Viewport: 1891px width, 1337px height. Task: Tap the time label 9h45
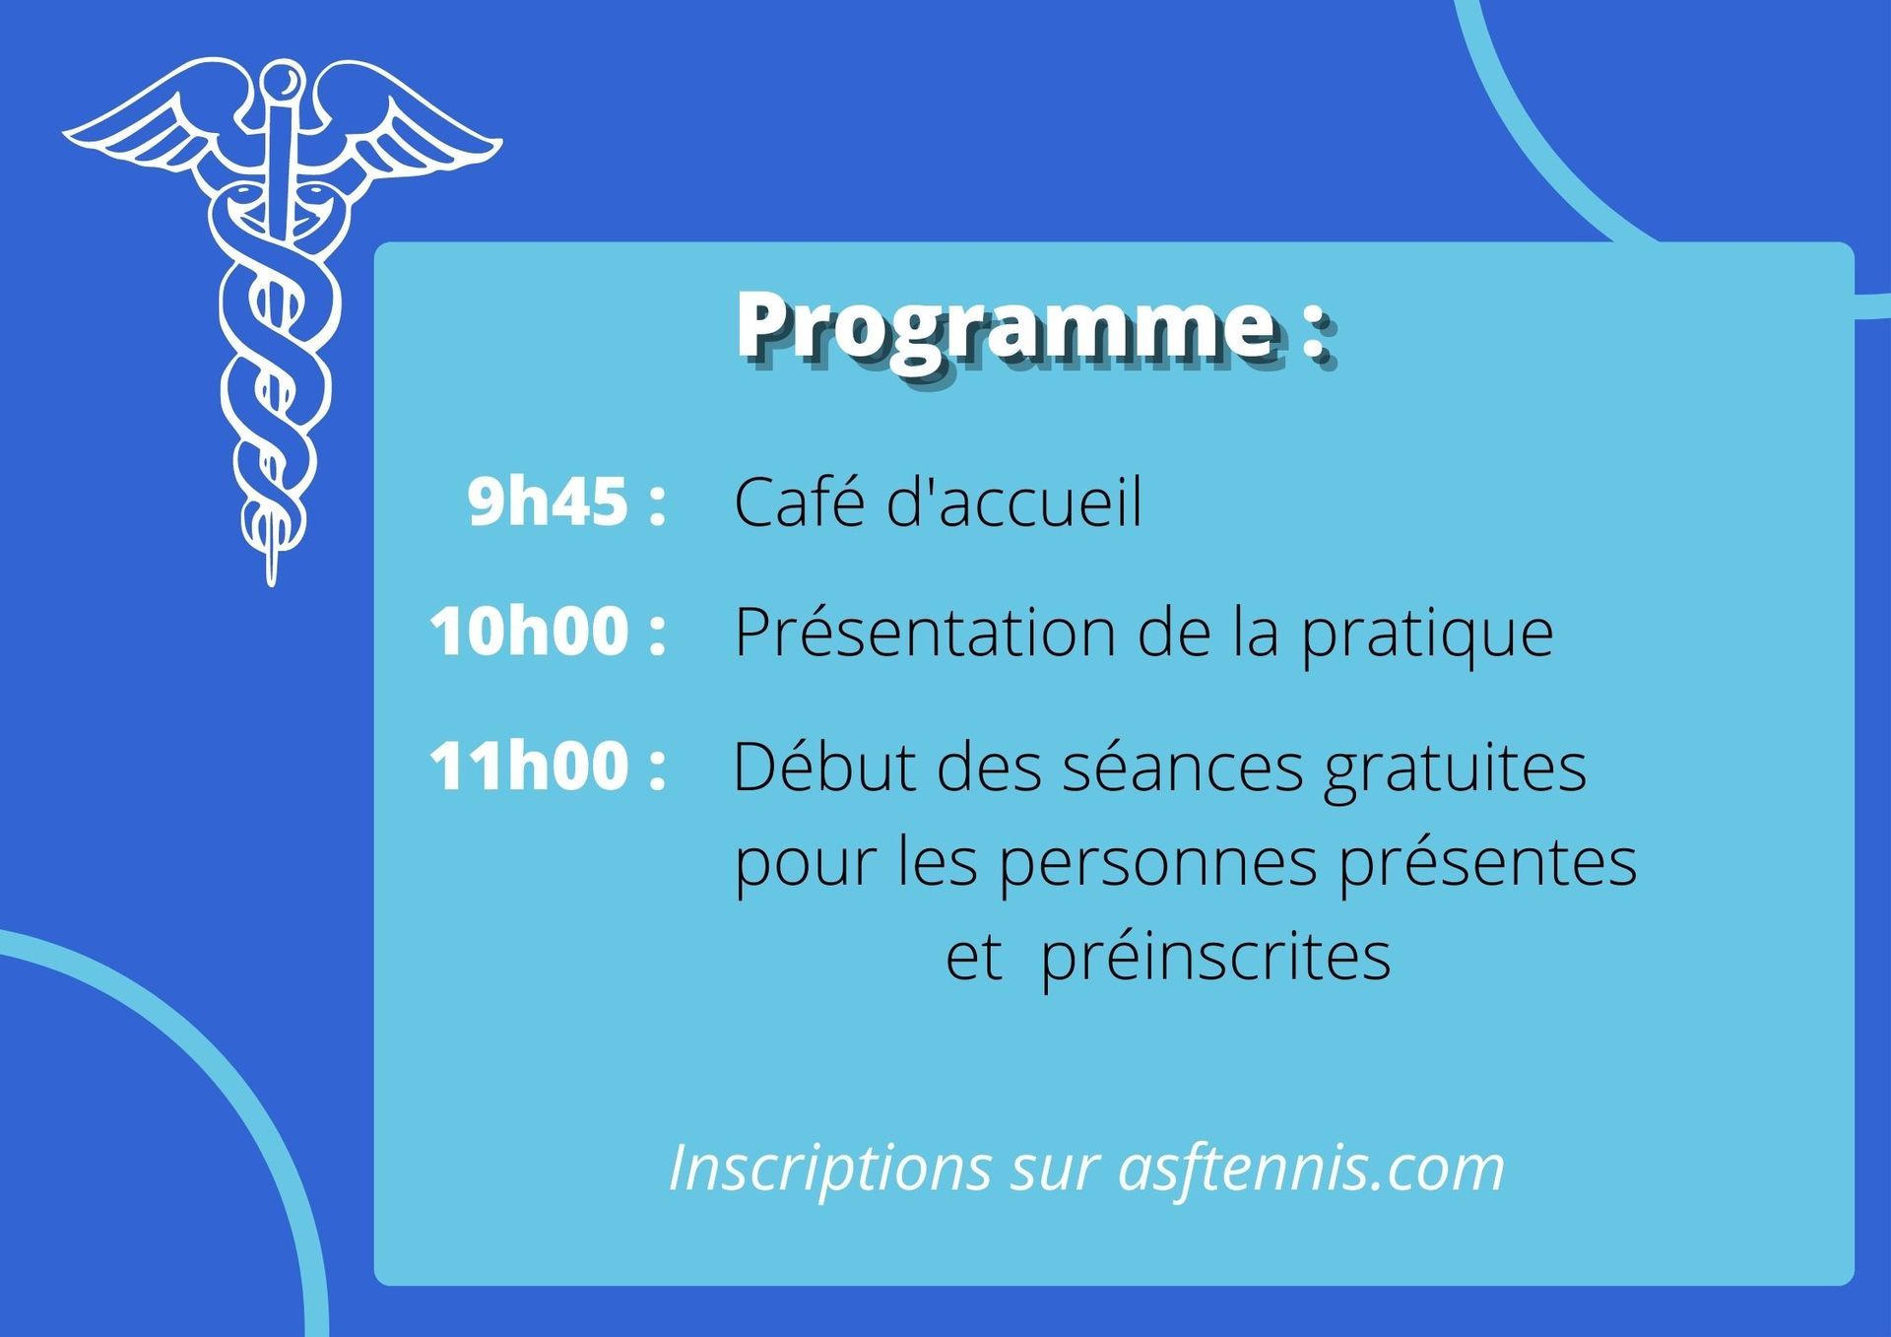[548, 501]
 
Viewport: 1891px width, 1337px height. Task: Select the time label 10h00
[529, 631]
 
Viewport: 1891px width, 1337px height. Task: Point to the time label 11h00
[529, 766]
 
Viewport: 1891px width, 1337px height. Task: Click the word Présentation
[924, 632]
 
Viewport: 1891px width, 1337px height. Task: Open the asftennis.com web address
[1312, 1168]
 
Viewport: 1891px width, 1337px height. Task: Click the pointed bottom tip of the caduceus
[272, 583]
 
